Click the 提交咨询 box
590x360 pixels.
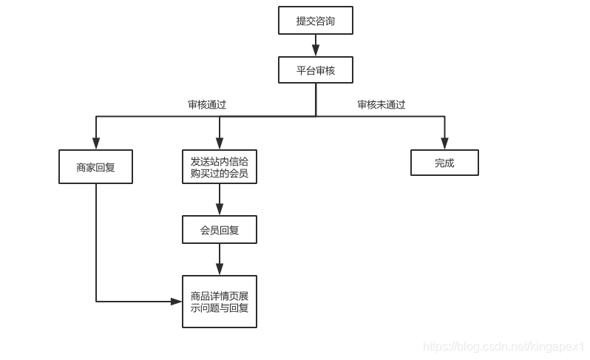(x=316, y=21)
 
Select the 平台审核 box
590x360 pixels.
(x=316, y=70)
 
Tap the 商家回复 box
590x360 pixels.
(x=95, y=167)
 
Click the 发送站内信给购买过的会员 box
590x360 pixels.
(x=220, y=167)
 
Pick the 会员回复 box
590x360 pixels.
(x=220, y=230)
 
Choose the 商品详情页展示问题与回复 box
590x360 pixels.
(x=220, y=301)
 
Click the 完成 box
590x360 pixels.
(x=444, y=163)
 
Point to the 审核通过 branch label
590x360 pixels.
(x=206, y=104)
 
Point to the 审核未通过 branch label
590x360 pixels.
(x=382, y=104)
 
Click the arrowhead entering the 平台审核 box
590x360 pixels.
(x=316, y=51)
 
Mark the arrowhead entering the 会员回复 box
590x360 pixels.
(x=220, y=209)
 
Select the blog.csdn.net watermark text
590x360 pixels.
(x=503, y=346)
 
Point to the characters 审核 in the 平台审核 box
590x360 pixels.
(x=325, y=70)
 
